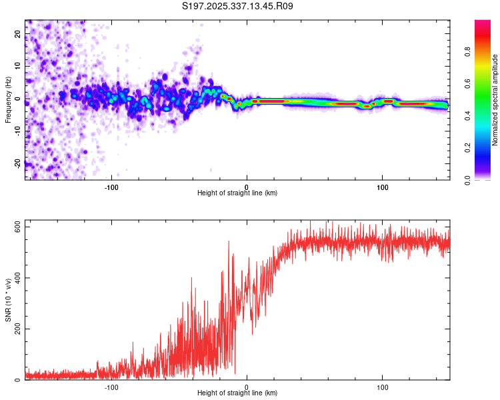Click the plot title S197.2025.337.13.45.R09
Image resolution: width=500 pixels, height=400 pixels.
pyautogui.click(x=237, y=6)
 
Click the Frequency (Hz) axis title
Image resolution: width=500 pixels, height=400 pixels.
pyautogui.click(x=8, y=100)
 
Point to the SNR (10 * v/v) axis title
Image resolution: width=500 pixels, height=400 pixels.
pyautogui.click(x=8, y=300)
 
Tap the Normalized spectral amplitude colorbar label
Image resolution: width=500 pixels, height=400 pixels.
pyautogui.click(x=495, y=100)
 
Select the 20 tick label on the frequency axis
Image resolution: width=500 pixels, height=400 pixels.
pyautogui.click(x=17, y=33)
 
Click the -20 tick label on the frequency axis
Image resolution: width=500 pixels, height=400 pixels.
pyautogui.click(x=17, y=164)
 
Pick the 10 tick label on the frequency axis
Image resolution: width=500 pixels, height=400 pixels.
pyautogui.click(x=17, y=66)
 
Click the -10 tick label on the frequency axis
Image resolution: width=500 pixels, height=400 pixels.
pyautogui.click(x=17, y=131)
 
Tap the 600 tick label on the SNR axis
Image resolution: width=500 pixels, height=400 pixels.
pyautogui.click(x=17, y=227)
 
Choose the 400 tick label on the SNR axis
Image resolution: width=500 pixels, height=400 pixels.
pyautogui.click(x=17, y=278)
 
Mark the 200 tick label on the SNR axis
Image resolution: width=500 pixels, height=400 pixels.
pyautogui.click(x=17, y=329)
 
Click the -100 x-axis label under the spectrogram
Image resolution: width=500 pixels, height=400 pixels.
pyautogui.click(x=111, y=187)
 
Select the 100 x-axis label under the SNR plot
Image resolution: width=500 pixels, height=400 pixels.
pyautogui.click(x=383, y=387)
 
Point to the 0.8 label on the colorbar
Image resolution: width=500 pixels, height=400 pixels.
pyautogui.click(x=467, y=51)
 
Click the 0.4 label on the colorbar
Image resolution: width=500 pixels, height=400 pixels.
pyautogui.click(x=467, y=116)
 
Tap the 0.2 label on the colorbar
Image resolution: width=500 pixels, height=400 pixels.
pyautogui.click(x=467, y=148)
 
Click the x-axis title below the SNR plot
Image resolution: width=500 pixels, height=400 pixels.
pyautogui.click(x=237, y=393)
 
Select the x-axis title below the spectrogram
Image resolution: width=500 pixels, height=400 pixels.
pyautogui.click(x=237, y=193)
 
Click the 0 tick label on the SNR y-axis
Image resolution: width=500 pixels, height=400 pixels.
pyautogui.click(x=17, y=380)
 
